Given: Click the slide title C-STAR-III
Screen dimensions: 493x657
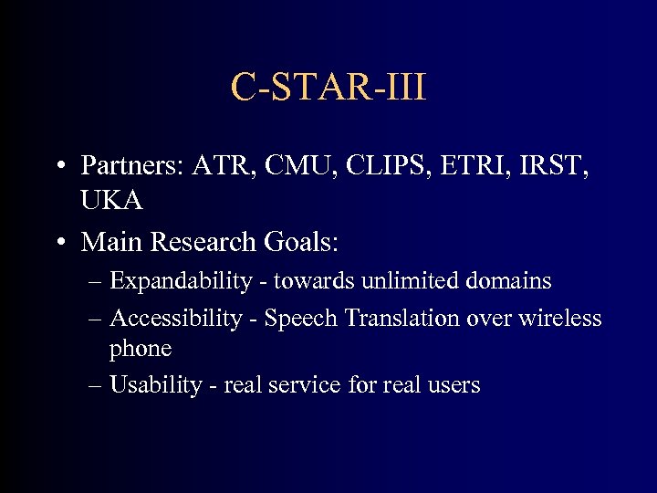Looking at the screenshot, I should (328, 88).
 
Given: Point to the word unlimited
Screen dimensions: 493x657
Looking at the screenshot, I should (410, 280).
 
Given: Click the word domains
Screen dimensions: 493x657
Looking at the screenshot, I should (507, 280).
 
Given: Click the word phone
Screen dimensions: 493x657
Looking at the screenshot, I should (141, 350).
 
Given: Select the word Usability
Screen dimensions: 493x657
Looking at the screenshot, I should (155, 385).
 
